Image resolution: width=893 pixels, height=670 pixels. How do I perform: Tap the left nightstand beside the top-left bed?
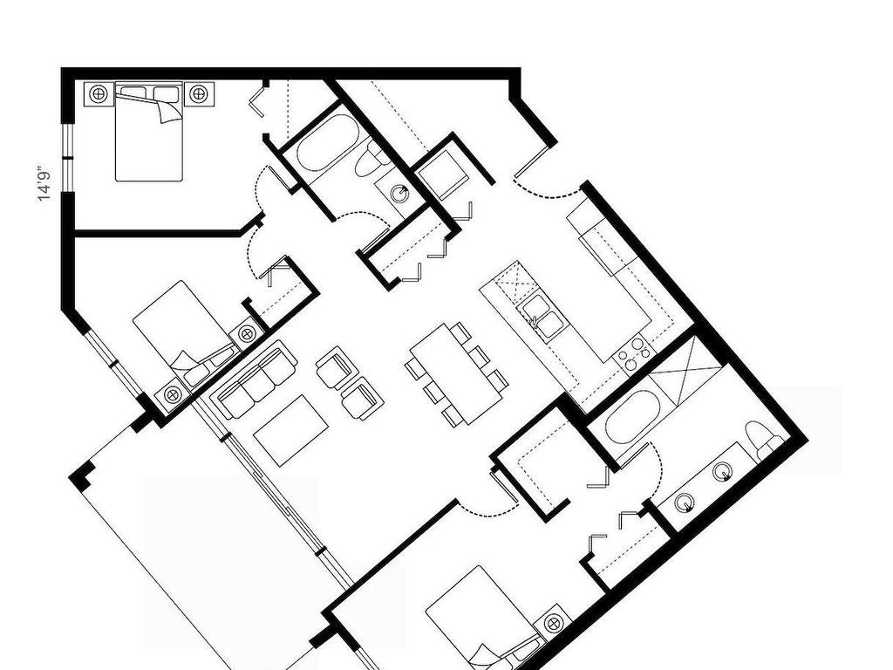coord(98,92)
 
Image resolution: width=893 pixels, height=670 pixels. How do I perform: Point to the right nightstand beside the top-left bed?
coord(199,92)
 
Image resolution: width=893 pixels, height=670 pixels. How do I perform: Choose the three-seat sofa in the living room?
coord(256,381)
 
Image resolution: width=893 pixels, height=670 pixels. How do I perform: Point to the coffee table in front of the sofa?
coord(291,429)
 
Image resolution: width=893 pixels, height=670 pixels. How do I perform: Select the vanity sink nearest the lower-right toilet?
coord(722,472)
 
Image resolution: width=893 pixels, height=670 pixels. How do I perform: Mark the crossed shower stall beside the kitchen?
coord(685,360)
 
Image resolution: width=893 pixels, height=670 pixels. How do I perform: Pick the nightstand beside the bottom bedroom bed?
coord(553,623)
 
